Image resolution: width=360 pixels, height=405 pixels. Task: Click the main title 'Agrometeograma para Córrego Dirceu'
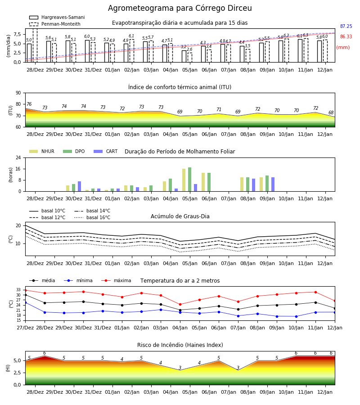(180, 9)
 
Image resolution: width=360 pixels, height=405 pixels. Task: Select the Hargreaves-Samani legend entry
(57, 17)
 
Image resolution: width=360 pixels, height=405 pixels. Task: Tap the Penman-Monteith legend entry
(55, 24)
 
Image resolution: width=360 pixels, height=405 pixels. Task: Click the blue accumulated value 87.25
(346, 27)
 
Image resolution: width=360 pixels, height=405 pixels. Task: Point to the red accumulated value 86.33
(346, 37)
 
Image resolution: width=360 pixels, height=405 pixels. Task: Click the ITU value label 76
(29, 104)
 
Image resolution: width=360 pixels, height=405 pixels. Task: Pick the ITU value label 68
(331, 112)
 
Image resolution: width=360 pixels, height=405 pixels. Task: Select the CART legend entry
(106, 151)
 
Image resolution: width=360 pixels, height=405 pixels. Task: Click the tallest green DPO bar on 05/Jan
(190, 180)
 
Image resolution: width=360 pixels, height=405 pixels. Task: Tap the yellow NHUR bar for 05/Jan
(184, 180)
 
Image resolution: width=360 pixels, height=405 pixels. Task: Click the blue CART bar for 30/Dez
(79, 186)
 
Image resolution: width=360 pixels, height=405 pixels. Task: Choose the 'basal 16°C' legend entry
(92, 217)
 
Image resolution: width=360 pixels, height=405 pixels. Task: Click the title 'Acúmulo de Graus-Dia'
(180, 216)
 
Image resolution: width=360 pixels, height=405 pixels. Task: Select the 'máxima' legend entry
(116, 280)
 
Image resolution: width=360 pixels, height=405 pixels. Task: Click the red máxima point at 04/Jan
(180, 305)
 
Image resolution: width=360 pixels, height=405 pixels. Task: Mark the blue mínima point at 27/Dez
(25, 302)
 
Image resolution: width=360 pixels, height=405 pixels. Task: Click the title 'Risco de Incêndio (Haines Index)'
(180, 345)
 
